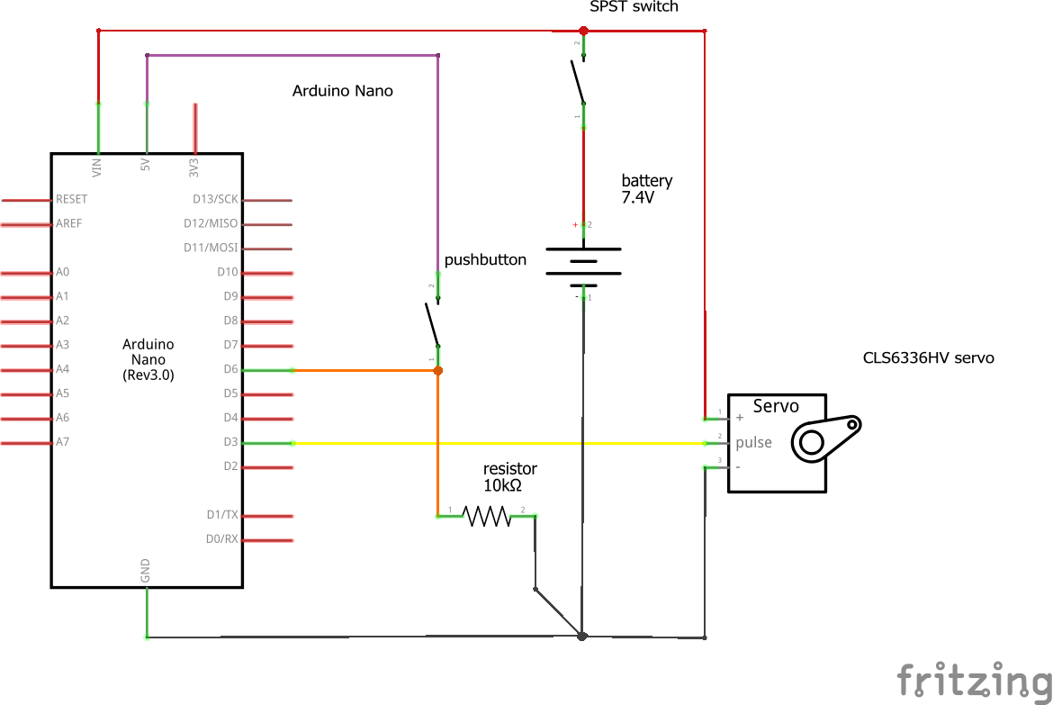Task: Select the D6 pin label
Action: [229, 369]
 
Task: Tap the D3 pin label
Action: [229, 442]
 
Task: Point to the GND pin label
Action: [145, 570]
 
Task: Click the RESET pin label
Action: [72, 199]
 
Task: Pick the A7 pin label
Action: [63, 442]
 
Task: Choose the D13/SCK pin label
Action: [216, 199]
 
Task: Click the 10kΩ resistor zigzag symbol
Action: [486, 516]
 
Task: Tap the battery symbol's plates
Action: [583, 266]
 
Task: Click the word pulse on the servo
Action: [754, 443]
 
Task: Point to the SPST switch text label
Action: [634, 7]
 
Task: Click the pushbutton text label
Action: [485, 259]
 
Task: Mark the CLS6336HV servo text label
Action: [928, 357]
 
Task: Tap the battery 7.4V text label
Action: [646, 189]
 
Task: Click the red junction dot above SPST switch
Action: [583, 31]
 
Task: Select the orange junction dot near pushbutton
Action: [438, 370]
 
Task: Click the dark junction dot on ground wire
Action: [582, 637]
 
